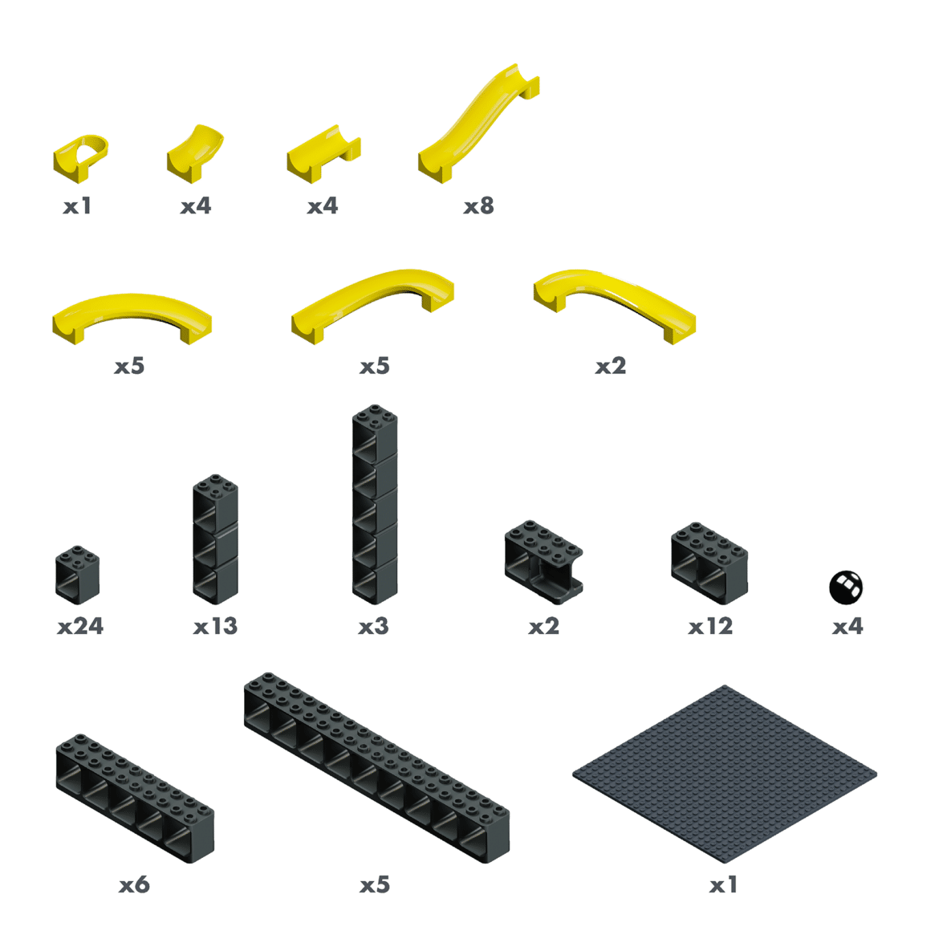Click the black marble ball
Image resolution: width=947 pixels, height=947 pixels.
(x=846, y=587)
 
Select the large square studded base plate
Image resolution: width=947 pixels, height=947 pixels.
(x=725, y=774)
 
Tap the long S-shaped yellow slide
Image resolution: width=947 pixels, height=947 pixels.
(x=478, y=124)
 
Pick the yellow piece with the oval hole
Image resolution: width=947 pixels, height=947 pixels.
(x=80, y=158)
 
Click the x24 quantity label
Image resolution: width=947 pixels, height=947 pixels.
(x=80, y=626)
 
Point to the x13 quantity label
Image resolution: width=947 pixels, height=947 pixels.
(x=216, y=626)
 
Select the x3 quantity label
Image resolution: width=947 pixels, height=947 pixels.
(x=374, y=626)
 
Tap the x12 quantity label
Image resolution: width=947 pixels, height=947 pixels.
(x=711, y=626)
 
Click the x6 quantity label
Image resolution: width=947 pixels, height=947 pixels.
(x=134, y=884)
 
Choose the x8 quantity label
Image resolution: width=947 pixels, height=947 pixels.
(x=479, y=206)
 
